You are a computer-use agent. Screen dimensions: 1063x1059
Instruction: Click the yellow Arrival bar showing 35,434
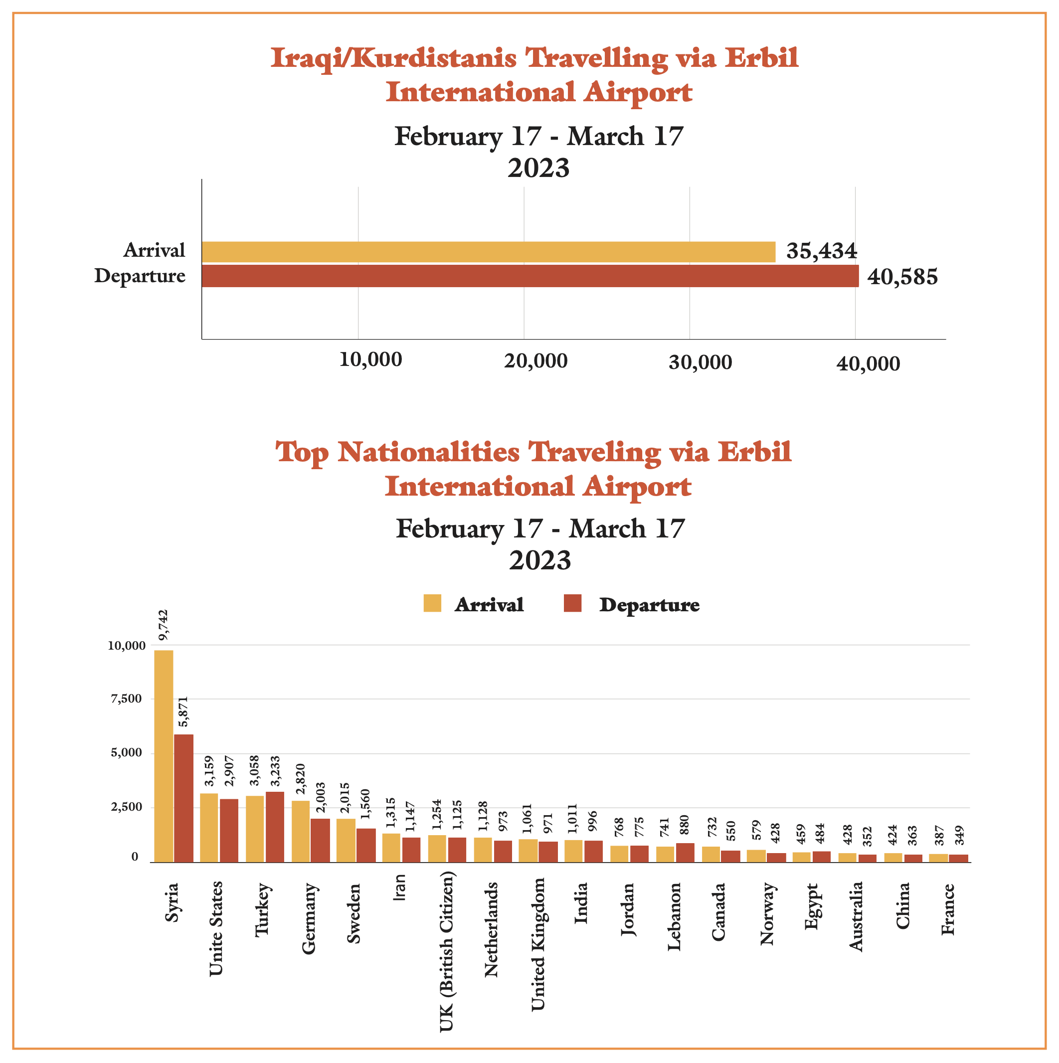[x=489, y=252]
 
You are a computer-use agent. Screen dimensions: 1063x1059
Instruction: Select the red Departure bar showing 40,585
[x=530, y=276]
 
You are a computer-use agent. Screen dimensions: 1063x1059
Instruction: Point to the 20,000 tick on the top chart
[x=536, y=361]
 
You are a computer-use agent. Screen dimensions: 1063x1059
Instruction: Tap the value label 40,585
[x=902, y=277]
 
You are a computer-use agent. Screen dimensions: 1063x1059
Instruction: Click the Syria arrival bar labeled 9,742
[x=164, y=756]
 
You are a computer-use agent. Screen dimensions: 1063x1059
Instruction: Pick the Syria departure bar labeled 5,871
[x=184, y=798]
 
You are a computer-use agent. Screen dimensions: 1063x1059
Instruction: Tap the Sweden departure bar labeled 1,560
[x=366, y=845]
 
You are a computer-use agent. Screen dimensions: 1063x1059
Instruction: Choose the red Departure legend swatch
[x=573, y=604]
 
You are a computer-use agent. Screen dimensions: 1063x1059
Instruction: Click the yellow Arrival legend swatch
[x=432, y=604]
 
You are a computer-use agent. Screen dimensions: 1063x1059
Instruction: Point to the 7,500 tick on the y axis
[x=127, y=699]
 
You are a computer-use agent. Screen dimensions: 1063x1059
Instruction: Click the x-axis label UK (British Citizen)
[x=447, y=951]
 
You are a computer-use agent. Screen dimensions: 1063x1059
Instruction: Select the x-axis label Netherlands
[x=491, y=930]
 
